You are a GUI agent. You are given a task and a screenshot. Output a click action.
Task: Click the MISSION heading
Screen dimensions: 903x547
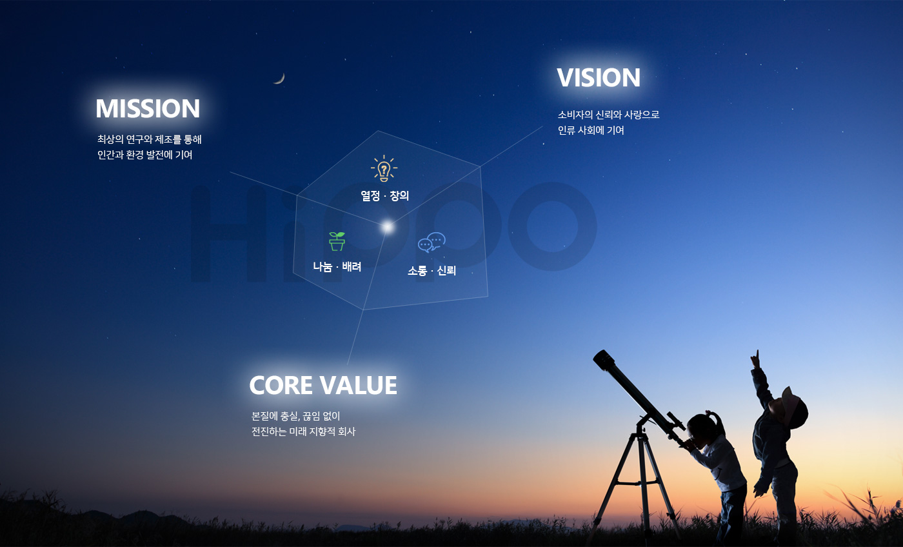pos(148,108)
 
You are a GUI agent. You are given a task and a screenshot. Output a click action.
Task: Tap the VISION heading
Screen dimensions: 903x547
pos(599,77)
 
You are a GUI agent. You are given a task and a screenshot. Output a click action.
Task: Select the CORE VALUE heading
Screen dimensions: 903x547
pos(323,385)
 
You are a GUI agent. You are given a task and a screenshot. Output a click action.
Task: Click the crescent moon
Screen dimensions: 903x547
pos(280,79)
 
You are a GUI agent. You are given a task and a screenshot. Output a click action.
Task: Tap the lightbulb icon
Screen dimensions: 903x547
pos(384,168)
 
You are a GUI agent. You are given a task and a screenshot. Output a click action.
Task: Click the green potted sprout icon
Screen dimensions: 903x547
pos(337,241)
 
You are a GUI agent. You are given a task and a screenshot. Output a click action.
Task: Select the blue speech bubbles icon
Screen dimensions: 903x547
pos(432,243)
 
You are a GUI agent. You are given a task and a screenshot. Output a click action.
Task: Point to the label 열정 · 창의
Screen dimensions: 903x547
pos(384,196)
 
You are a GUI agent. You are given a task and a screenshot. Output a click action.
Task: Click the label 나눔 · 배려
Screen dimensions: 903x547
pos(337,266)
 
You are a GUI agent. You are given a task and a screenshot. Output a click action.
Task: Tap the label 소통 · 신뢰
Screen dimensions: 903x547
pos(432,270)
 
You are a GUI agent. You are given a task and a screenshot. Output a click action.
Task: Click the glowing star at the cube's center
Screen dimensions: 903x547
pos(387,227)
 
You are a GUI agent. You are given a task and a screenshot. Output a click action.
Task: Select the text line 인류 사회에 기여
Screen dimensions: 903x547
pos(591,130)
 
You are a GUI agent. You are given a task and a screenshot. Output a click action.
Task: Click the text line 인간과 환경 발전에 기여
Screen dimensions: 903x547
pos(144,155)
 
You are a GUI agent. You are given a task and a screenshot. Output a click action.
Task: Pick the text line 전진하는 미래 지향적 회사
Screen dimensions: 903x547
pos(303,432)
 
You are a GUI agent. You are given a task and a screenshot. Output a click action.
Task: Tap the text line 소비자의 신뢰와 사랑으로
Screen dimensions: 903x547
pos(609,115)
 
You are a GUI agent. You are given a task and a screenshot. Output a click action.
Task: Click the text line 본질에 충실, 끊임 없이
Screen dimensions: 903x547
pos(295,416)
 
